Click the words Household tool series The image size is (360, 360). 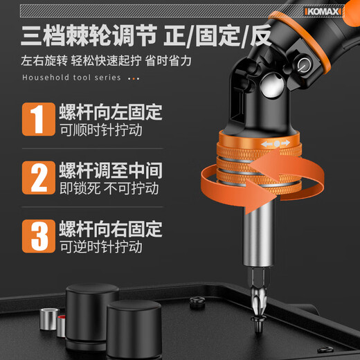coord(72,78)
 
